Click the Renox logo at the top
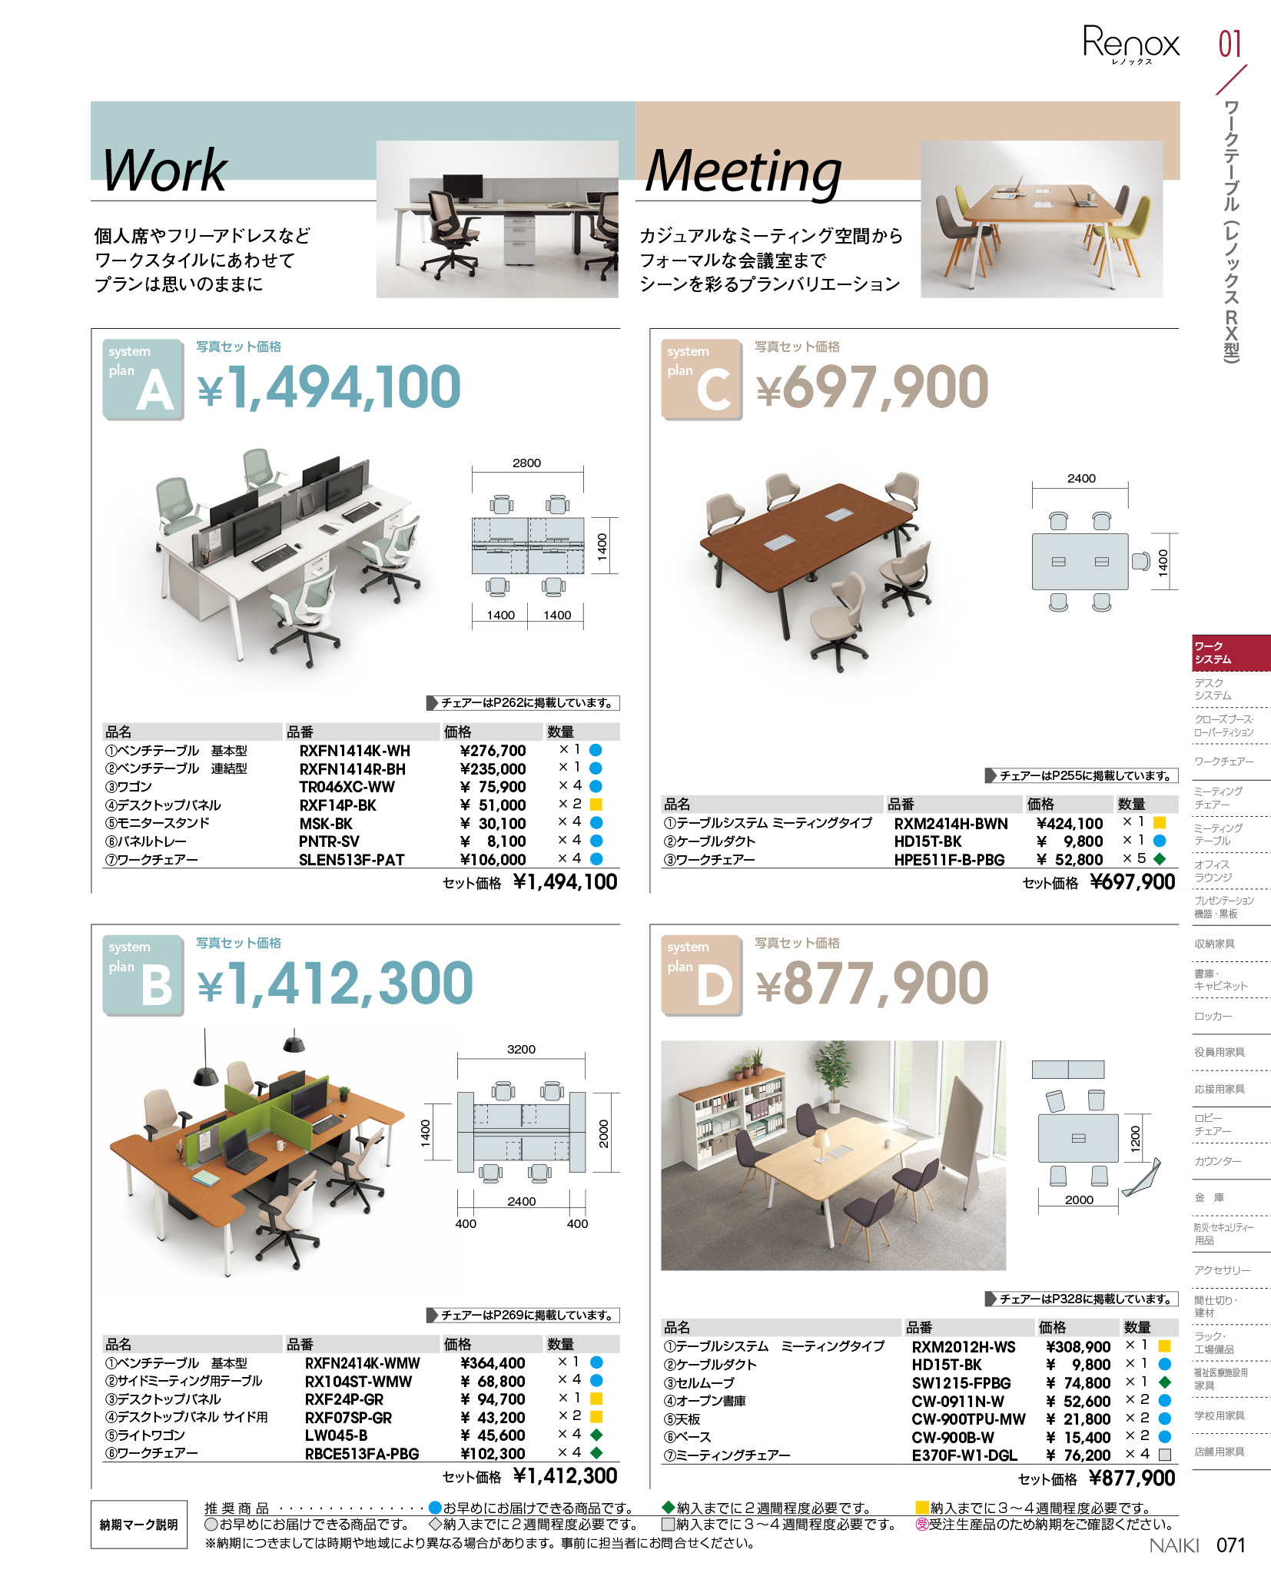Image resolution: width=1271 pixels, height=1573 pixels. click(x=1130, y=43)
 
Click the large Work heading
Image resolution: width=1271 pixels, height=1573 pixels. click(x=164, y=170)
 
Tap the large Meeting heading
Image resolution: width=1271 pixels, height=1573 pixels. click(x=743, y=171)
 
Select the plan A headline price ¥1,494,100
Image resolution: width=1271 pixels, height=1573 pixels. click(x=329, y=387)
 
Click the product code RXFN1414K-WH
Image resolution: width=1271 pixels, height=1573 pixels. click(x=354, y=751)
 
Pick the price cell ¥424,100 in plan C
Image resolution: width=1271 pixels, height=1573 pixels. click(x=1069, y=824)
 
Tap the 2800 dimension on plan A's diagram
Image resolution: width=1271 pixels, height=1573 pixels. click(x=526, y=463)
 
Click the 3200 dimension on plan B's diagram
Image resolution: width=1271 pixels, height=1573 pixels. click(x=521, y=1050)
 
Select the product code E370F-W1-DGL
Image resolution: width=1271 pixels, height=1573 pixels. click(x=964, y=1455)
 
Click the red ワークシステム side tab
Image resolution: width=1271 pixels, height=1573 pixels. click(x=1230, y=653)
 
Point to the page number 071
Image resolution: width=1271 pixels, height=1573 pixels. click(x=1230, y=1545)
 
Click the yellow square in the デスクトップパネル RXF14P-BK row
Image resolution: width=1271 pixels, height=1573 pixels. click(x=596, y=805)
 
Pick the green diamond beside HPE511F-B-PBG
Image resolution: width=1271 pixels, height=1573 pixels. click(x=1160, y=859)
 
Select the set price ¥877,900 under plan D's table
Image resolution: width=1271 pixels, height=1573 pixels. click(x=1132, y=1479)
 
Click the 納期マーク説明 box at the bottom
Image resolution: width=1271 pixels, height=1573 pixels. click(x=139, y=1525)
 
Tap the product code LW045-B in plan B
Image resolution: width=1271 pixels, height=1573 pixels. click(x=336, y=1435)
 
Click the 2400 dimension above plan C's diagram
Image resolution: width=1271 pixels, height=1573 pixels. click(x=1081, y=479)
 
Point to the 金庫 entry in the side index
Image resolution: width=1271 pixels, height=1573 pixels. click(x=1209, y=1197)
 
